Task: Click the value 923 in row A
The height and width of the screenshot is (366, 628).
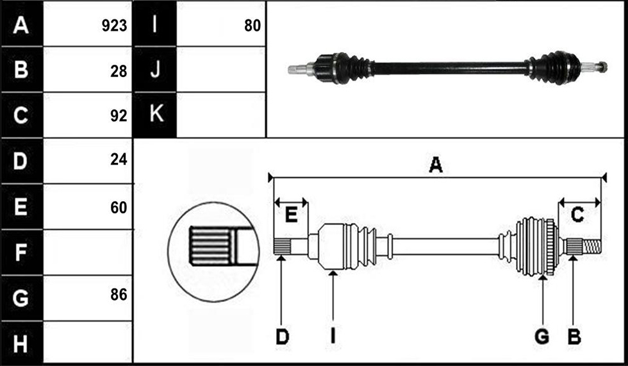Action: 114,26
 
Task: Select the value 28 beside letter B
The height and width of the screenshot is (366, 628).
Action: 119,71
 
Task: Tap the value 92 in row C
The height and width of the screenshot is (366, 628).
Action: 119,115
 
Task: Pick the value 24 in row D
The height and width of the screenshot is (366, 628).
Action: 119,160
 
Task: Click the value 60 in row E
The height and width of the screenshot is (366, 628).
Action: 119,208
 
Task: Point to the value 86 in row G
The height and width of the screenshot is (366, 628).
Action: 119,295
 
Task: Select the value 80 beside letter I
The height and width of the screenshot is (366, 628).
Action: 252,26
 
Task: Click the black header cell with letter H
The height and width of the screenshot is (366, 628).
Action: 22,344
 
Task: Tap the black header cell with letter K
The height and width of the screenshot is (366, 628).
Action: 154,115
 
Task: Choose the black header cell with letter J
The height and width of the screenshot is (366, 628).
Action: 154,69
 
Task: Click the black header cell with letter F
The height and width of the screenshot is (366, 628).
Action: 22,253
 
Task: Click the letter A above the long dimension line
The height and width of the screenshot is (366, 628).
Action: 436,165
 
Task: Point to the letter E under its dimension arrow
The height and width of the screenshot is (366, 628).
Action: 291,215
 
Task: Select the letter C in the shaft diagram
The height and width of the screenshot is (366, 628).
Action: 577,215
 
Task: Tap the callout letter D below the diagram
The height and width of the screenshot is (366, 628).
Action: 283,337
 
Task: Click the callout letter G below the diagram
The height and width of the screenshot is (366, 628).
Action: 542,337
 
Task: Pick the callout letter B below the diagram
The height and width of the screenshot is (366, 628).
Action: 574,337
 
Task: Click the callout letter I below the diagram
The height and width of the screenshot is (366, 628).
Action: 333,337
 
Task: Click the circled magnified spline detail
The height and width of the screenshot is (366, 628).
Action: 213,251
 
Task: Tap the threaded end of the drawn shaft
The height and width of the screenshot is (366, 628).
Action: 591,246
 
